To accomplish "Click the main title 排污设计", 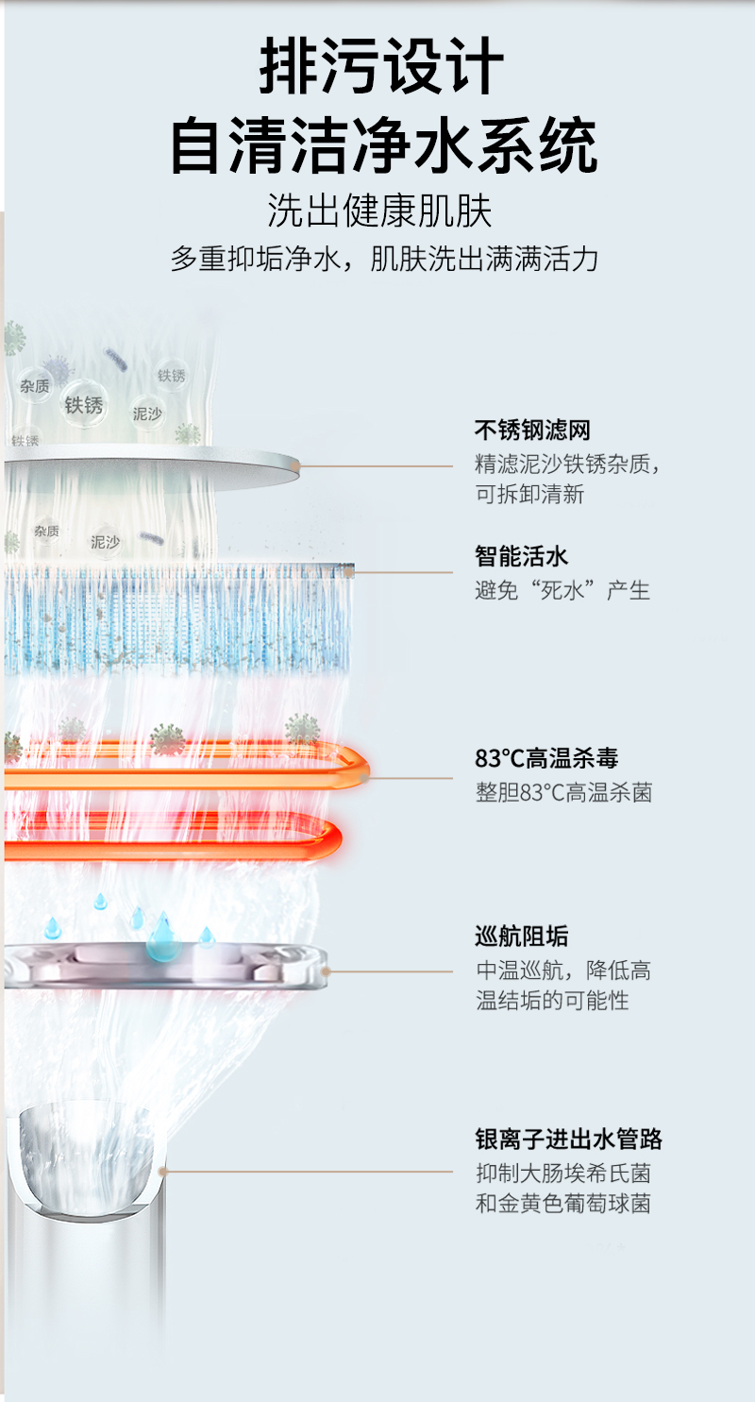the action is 381,66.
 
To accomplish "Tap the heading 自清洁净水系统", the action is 383,145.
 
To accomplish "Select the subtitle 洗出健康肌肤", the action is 379,211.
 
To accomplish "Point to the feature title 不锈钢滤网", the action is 532,430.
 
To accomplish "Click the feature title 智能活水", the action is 521,556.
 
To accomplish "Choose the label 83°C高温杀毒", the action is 546,758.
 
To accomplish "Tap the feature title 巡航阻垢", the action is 521,937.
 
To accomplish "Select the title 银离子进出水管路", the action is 568,1140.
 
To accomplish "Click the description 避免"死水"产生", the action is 562,590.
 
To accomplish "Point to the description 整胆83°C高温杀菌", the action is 563,792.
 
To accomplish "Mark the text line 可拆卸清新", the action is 529,495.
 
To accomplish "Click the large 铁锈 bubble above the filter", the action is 83,405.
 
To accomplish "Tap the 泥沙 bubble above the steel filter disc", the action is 147,414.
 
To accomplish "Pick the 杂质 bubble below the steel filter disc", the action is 46,532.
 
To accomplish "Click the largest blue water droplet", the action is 162,937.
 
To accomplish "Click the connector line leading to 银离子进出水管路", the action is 308,1172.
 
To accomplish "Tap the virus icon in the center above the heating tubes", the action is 167,740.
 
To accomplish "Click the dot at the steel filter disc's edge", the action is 295,465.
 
